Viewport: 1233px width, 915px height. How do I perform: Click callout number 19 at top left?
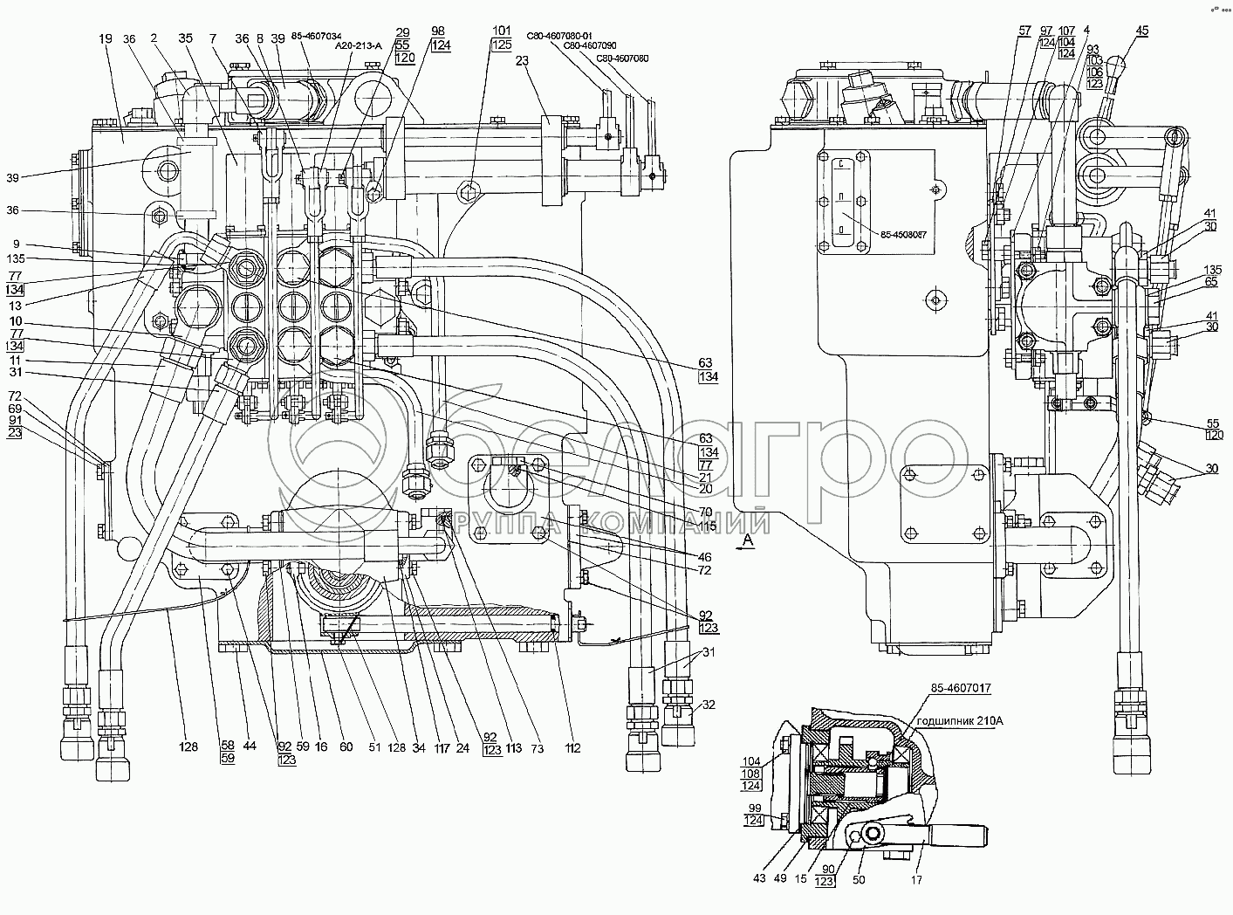tap(105, 39)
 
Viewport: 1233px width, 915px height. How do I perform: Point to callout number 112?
tap(572, 747)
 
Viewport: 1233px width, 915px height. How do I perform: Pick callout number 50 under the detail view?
tap(859, 880)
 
